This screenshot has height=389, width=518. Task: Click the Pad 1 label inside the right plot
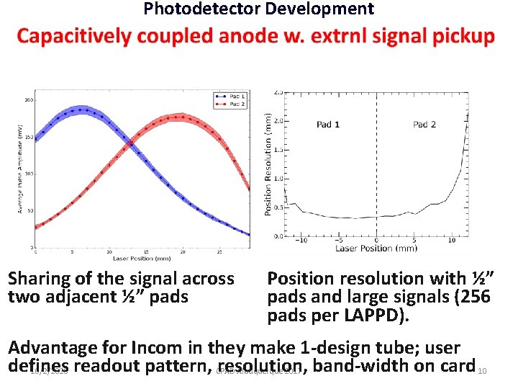point(328,125)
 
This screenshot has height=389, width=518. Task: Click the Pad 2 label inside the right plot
point(424,125)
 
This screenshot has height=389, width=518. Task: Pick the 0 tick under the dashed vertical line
point(376,241)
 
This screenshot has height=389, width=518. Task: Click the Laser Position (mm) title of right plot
point(376,249)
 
